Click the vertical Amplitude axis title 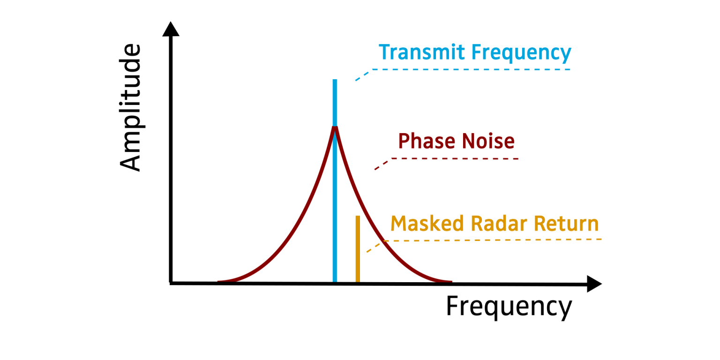130,108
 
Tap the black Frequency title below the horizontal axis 509,307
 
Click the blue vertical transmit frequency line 335,103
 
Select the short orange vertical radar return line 358,248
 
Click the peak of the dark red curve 335,127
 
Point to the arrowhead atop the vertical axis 171,29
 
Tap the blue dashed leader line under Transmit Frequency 469,70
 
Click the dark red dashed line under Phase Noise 455,159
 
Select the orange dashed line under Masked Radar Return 492,240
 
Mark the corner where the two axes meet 172,283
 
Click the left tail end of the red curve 219,282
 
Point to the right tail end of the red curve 450,282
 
